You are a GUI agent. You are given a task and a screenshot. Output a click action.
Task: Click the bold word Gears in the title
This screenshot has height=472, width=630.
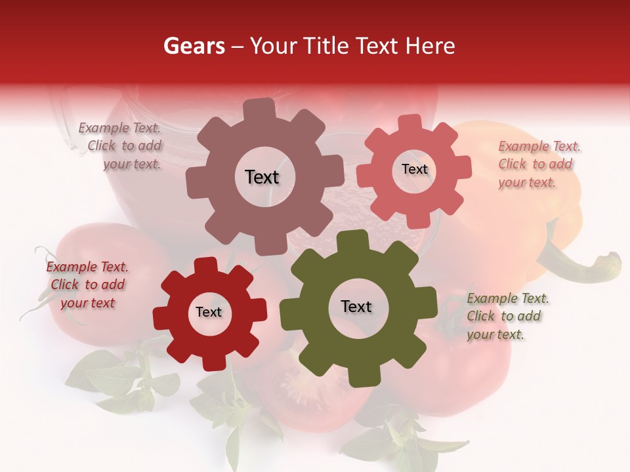click(x=194, y=46)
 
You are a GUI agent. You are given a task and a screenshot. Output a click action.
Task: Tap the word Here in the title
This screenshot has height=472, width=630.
click(x=430, y=46)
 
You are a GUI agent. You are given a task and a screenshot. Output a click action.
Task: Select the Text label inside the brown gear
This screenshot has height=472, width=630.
click(x=262, y=177)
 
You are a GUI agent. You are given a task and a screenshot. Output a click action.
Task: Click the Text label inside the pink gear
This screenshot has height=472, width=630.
click(x=414, y=169)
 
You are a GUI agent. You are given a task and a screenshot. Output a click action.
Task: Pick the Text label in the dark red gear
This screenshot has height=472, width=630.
click(x=209, y=312)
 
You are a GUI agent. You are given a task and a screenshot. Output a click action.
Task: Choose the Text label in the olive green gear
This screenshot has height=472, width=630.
click(x=356, y=306)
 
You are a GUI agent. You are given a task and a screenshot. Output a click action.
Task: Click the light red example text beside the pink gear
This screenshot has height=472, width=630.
click(x=538, y=165)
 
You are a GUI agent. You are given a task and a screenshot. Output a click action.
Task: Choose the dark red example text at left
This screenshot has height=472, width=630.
click(x=87, y=285)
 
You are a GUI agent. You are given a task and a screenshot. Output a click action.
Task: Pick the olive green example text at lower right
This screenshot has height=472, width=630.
click(x=507, y=316)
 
